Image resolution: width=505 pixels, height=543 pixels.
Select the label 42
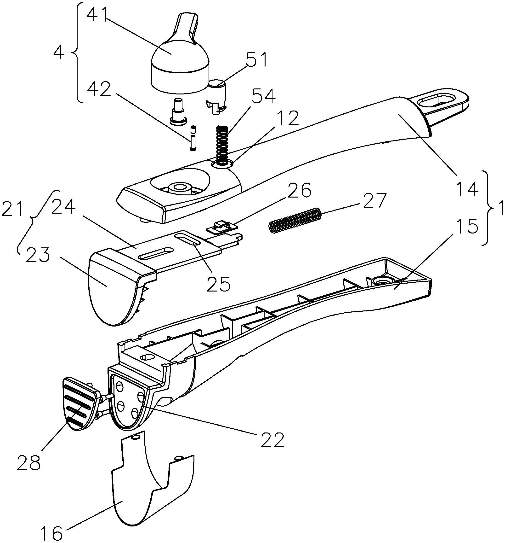coord(98,89)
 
